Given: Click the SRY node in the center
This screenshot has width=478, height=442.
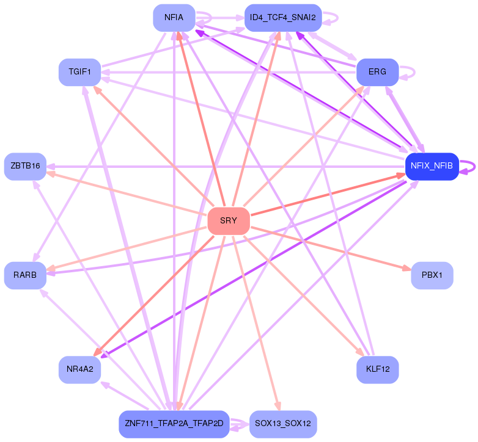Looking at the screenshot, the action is (x=229, y=221).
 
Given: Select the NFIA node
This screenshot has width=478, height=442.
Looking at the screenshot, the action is (x=174, y=18).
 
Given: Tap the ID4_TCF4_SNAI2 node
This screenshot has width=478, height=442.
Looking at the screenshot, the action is (x=283, y=18).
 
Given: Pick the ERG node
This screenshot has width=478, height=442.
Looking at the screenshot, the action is (x=377, y=72).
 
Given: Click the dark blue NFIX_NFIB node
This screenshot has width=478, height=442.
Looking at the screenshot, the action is (x=432, y=167).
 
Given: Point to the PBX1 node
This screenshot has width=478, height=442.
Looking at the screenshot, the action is (x=432, y=275).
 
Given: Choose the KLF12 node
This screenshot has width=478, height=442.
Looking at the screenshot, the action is (x=377, y=369).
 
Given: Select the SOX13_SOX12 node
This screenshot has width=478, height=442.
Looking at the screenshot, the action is (x=283, y=424).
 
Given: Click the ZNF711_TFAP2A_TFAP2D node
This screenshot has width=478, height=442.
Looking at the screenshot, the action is (x=174, y=424).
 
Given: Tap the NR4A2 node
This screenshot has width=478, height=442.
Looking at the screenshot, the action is (x=79, y=369).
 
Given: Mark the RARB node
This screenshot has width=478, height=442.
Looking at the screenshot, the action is (x=25, y=275).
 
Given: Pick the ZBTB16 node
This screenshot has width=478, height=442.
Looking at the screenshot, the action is (x=25, y=167).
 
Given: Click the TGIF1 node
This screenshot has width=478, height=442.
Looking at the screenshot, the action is (x=79, y=72).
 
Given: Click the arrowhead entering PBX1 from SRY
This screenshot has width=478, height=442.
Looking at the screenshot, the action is (x=407, y=268).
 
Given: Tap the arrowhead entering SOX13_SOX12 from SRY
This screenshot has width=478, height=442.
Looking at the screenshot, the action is (x=278, y=407).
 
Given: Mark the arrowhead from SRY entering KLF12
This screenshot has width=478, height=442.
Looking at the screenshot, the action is (x=360, y=352).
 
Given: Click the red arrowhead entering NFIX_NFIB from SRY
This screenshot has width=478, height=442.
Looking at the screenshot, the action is (x=401, y=175).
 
